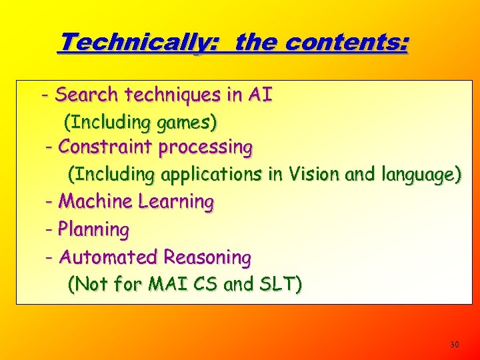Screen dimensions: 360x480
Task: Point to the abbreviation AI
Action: (x=259, y=95)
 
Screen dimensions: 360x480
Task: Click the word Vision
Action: (x=313, y=175)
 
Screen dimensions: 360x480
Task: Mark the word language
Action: (x=420, y=175)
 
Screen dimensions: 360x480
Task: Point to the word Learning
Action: (x=176, y=201)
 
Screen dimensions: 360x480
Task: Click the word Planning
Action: (x=93, y=230)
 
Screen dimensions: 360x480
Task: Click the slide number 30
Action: (x=455, y=345)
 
